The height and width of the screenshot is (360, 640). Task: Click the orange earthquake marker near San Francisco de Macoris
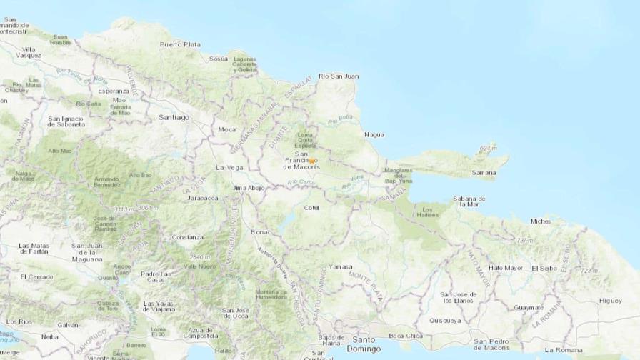click(x=310, y=161)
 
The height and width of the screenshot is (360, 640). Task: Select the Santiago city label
click(x=174, y=116)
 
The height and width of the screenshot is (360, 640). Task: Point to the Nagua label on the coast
click(x=374, y=134)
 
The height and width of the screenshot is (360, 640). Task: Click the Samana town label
click(x=484, y=173)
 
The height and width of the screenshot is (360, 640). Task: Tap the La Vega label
click(x=230, y=167)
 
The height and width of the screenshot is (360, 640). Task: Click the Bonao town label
click(x=261, y=232)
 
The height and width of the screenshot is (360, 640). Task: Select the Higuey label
click(x=611, y=301)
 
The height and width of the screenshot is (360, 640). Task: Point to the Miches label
click(x=541, y=221)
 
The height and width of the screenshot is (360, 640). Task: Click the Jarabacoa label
click(x=203, y=198)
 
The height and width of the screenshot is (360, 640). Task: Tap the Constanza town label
click(x=187, y=236)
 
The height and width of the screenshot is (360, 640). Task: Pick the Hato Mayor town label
click(x=506, y=268)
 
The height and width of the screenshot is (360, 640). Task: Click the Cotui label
click(x=311, y=208)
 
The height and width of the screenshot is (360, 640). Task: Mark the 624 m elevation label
click(x=489, y=148)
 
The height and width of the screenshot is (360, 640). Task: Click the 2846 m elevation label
click(x=199, y=256)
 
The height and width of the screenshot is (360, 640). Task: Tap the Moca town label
click(x=226, y=129)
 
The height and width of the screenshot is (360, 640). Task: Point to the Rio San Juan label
click(x=338, y=76)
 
